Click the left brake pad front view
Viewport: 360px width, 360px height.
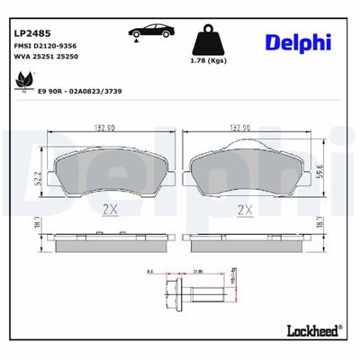[108, 171]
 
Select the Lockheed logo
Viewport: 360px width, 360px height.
[312, 330]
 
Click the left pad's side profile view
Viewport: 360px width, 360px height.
[108, 240]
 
